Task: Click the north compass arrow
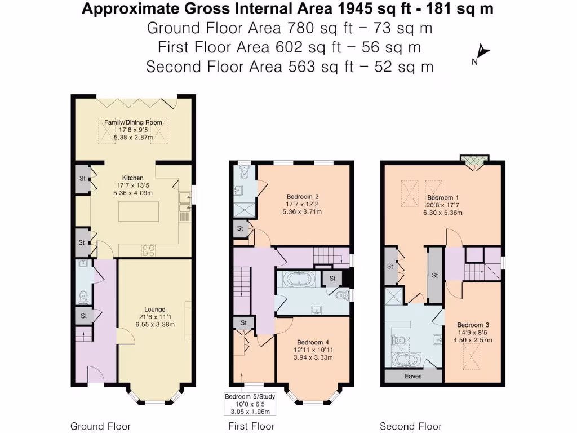pos(483,52)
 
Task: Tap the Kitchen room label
pos(132,178)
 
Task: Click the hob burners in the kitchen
pos(148,250)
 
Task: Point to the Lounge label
pos(154,310)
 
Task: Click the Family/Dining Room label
pos(133,122)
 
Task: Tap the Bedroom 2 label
pos(303,197)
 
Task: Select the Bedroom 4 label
pos(313,342)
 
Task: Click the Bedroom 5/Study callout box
pos(250,404)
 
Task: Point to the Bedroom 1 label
pos(443,197)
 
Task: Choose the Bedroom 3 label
pos(473,325)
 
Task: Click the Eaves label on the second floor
pos(413,376)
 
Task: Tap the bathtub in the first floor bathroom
pos(299,279)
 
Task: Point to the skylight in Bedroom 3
pos(471,356)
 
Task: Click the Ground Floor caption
pos(100,426)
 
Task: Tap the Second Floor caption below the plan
pos(411,426)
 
